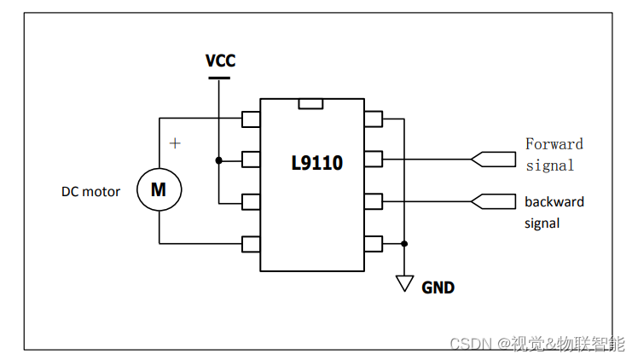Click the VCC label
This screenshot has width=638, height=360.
point(220,61)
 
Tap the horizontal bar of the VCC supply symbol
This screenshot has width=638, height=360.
point(219,78)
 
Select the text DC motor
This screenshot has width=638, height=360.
point(90,191)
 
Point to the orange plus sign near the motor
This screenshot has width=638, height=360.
point(175,143)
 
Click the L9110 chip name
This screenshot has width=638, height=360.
point(316,162)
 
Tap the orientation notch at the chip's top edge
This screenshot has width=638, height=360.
point(311,104)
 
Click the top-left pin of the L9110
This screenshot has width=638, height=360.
point(251,119)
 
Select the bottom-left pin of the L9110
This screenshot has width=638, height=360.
point(251,244)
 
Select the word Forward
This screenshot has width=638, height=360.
point(554,144)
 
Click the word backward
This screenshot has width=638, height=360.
point(554,202)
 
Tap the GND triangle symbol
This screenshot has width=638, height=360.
point(405,283)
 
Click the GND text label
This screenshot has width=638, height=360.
point(438,287)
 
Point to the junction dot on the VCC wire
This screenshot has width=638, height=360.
point(219,160)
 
